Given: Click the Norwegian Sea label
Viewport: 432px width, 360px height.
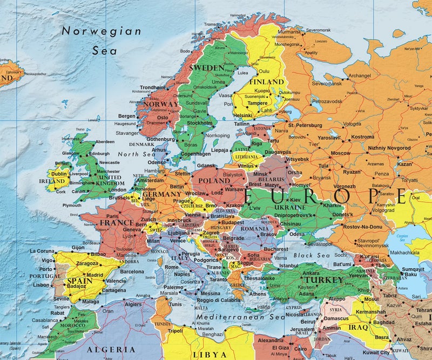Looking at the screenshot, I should [101, 40].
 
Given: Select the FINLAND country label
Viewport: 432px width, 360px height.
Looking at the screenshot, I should [266, 81].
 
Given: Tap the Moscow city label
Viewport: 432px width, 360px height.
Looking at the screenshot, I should [340, 153].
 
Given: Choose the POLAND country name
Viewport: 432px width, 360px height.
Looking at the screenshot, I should [214, 181].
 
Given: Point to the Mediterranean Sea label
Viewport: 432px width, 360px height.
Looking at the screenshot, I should [232, 317].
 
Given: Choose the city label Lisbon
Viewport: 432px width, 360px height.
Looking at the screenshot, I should [41, 284].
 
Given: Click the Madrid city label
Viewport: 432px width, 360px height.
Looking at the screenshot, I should [94, 274].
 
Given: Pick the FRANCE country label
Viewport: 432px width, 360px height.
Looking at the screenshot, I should [117, 222].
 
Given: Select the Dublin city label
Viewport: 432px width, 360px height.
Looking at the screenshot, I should [59, 174].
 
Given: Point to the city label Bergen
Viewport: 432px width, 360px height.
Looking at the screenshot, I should [127, 116].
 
